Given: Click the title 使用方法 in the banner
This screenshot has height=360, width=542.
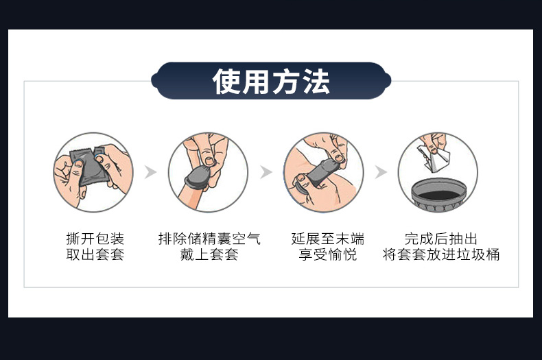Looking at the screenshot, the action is (x=271, y=81).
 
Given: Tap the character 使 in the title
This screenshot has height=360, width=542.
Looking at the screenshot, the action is (x=226, y=81).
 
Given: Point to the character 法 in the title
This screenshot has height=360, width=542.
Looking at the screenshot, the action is (x=316, y=81).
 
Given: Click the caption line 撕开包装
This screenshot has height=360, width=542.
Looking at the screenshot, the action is (x=95, y=239).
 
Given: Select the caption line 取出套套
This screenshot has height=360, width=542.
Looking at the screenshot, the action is (x=95, y=254).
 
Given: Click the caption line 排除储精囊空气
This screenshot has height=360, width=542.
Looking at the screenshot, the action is (x=209, y=239).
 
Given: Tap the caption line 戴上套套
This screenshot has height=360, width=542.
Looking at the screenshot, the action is (x=209, y=254).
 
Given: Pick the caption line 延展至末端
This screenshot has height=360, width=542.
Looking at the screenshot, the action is (x=328, y=239).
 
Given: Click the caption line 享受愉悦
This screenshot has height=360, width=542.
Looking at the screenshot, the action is (x=328, y=254).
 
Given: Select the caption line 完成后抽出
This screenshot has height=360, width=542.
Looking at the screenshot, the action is (x=441, y=239).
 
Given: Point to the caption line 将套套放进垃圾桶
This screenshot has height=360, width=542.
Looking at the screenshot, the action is (x=441, y=254).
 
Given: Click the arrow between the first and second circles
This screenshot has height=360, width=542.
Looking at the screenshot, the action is (x=150, y=171).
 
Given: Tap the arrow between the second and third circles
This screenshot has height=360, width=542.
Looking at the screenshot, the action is (x=266, y=171).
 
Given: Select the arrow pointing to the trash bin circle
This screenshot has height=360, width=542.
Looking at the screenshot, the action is (x=381, y=171).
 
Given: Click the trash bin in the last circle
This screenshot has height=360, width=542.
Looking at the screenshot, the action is (x=439, y=194).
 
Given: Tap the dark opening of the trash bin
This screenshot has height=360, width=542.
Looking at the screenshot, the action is (x=439, y=195).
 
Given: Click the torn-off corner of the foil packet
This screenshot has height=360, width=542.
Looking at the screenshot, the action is (x=99, y=152).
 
